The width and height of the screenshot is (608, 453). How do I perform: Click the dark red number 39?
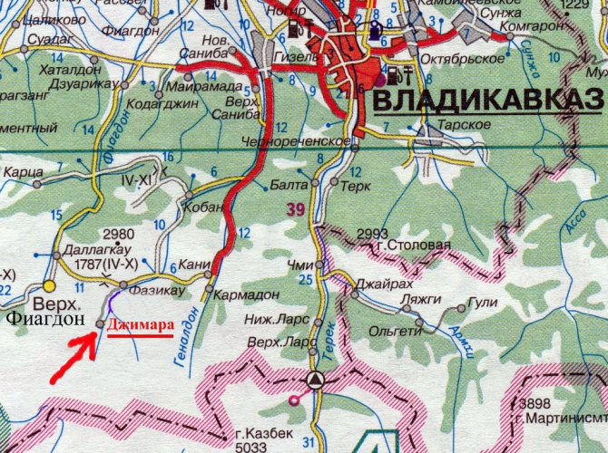[294, 209]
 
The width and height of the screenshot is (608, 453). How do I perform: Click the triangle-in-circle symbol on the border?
[315, 379]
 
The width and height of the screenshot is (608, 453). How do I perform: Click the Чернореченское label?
[296, 141]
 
